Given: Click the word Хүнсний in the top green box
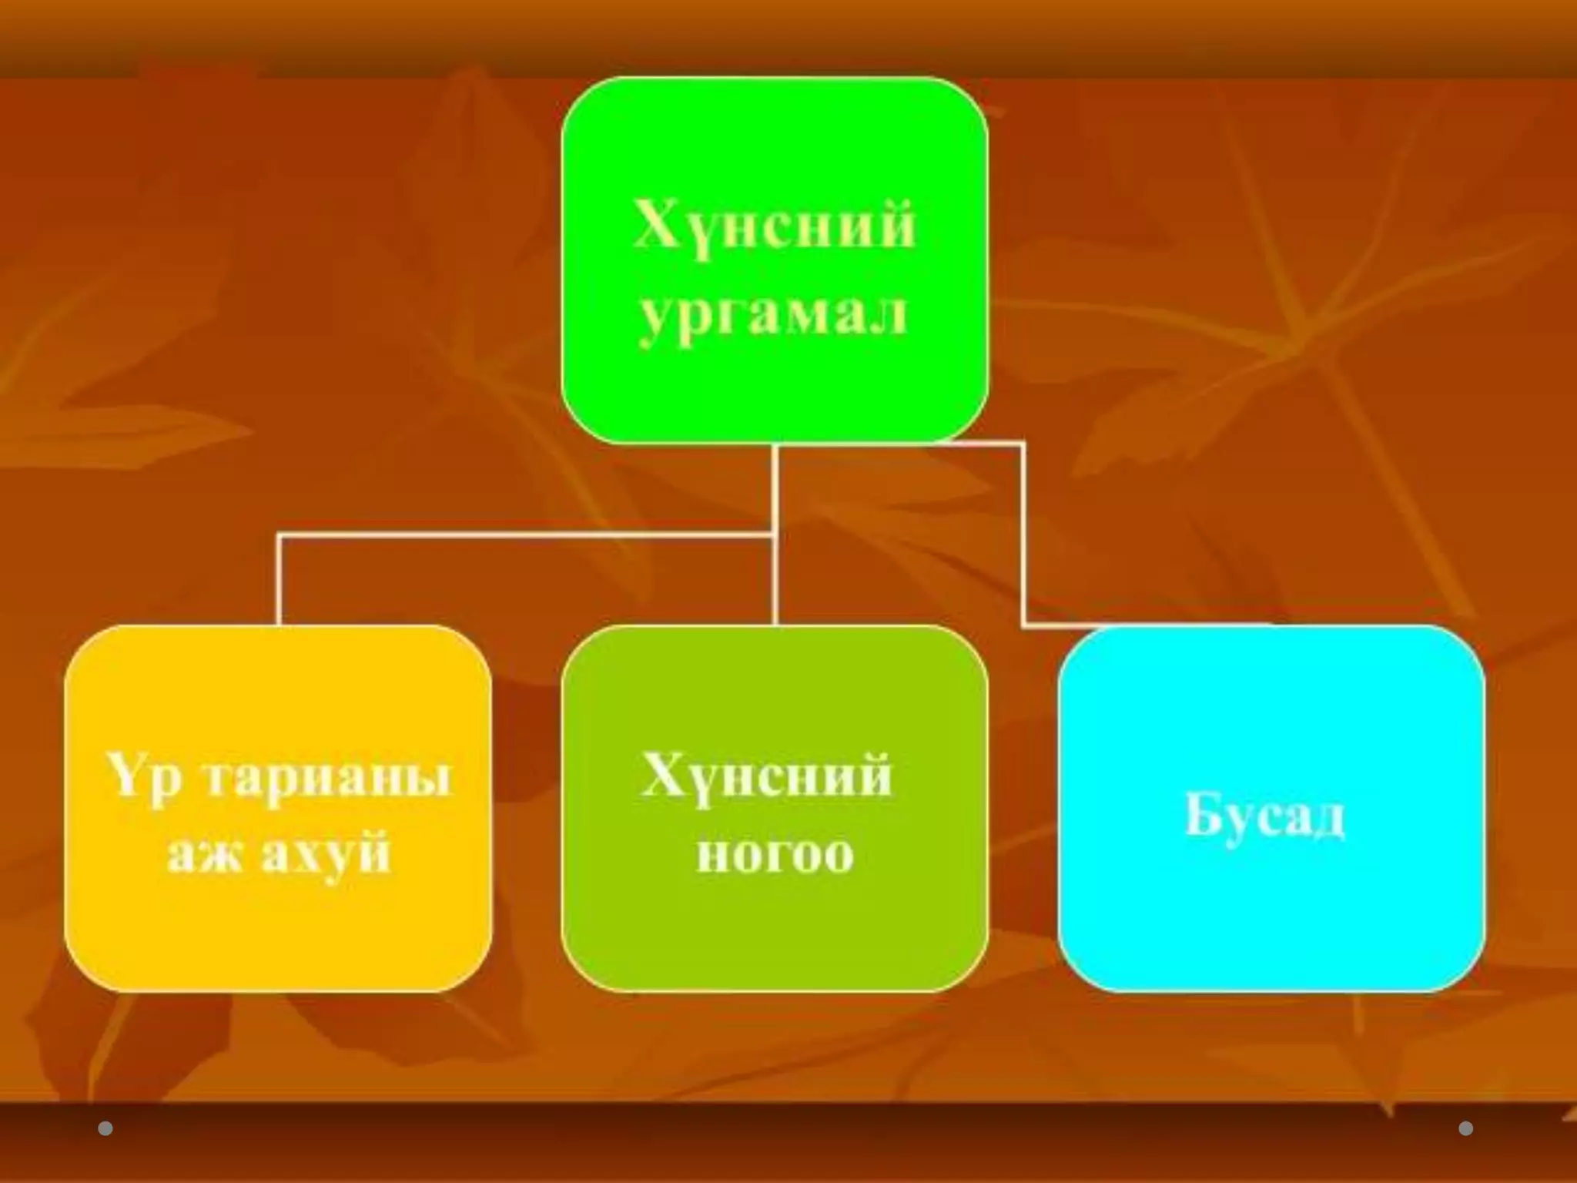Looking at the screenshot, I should [x=774, y=226].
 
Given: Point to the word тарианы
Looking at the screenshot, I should [x=329, y=778].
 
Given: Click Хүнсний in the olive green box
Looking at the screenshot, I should [x=767, y=776].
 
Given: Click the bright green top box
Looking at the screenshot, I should [x=775, y=146].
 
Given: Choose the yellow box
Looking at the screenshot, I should [x=278, y=924].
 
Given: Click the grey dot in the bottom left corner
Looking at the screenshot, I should [x=105, y=1129].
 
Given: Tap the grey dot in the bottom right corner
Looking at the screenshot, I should [x=1465, y=1129].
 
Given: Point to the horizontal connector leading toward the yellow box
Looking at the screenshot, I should [x=524, y=534].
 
